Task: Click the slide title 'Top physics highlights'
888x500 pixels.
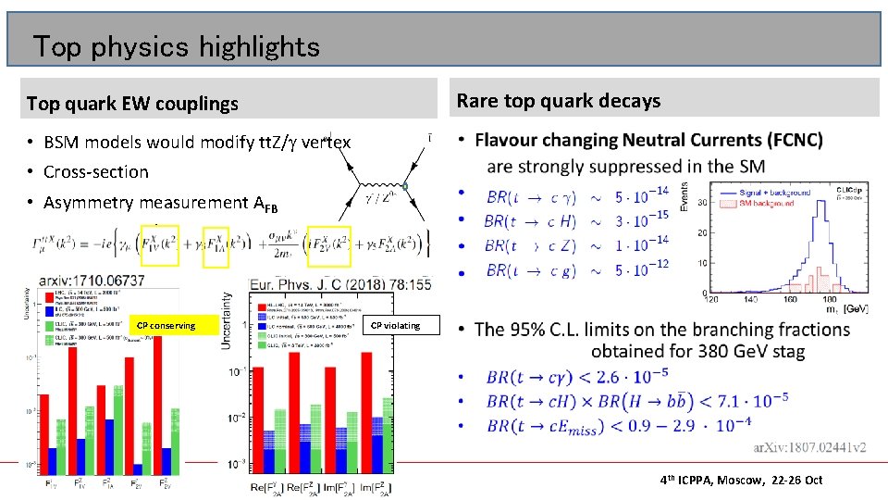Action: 176,46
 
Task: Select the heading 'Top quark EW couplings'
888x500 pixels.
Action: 132,104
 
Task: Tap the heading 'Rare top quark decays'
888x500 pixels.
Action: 559,100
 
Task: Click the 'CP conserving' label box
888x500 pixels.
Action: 166,325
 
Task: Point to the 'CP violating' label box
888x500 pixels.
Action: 395,325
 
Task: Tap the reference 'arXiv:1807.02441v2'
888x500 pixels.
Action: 811,448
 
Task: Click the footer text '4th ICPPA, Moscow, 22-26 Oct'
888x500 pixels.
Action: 741,480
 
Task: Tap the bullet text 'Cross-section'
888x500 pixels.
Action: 95,171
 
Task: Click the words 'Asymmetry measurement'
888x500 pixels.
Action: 146,203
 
